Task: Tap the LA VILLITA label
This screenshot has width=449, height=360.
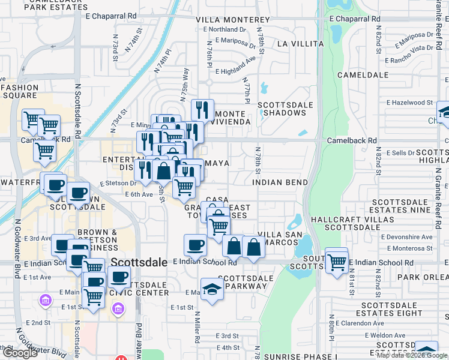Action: point(300,44)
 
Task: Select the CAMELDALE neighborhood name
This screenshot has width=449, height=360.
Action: point(360,76)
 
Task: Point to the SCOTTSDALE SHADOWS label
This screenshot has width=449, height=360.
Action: point(286,109)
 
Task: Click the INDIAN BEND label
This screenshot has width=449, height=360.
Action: point(280,182)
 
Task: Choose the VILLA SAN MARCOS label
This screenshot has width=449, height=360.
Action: point(278,238)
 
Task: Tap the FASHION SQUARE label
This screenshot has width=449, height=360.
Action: point(19,91)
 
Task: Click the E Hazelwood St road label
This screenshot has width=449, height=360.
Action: point(409,103)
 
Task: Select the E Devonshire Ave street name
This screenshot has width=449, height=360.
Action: point(409,237)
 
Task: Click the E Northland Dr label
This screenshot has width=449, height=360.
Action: point(224,29)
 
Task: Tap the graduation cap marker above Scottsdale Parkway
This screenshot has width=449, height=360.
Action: point(212,288)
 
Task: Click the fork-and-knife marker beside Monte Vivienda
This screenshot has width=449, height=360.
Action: point(202,110)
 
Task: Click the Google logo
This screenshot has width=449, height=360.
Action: point(21,353)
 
